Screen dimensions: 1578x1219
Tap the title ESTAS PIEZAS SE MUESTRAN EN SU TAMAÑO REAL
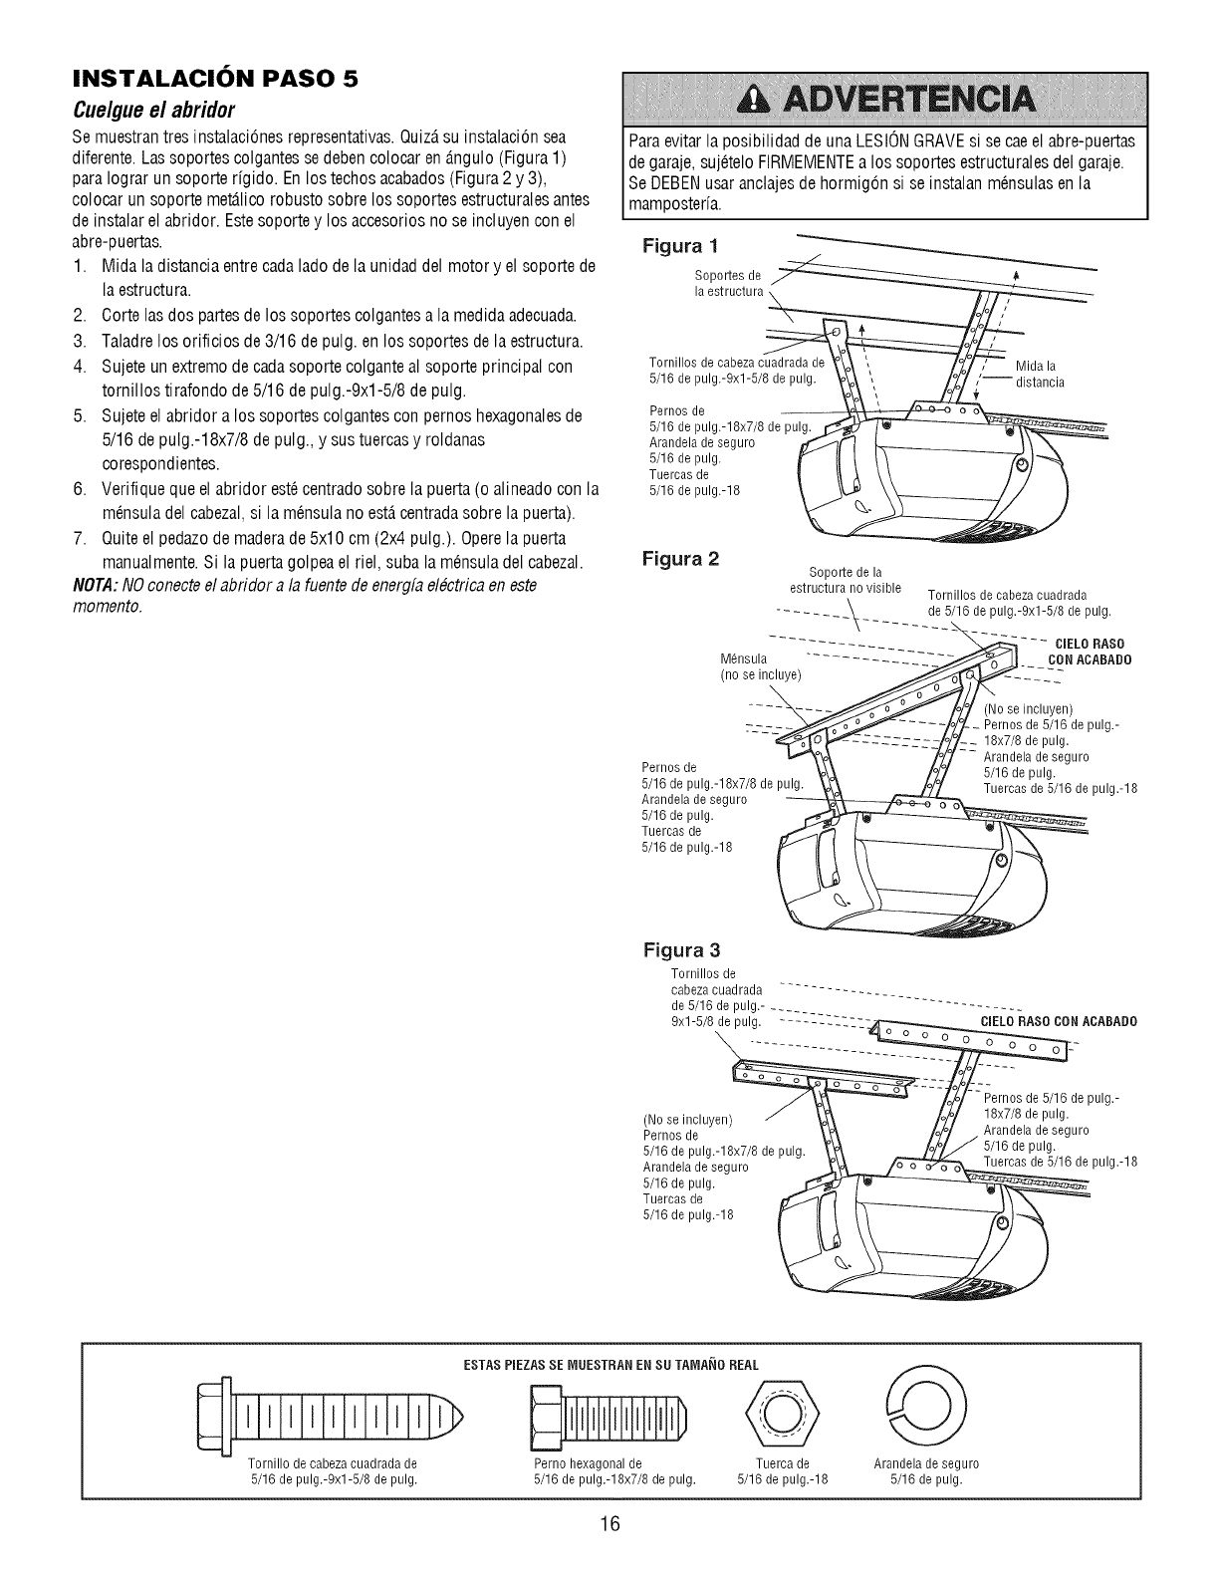coord(610,1364)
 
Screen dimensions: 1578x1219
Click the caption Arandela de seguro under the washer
coord(926,1463)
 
